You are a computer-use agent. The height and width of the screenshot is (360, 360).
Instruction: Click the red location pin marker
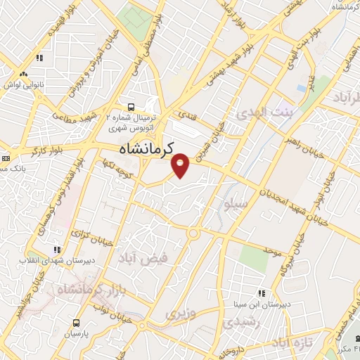(x=181, y=166)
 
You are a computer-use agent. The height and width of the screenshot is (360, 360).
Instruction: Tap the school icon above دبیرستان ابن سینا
(x=260, y=293)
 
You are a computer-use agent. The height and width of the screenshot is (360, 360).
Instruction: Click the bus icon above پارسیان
(x=76, y=323)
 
